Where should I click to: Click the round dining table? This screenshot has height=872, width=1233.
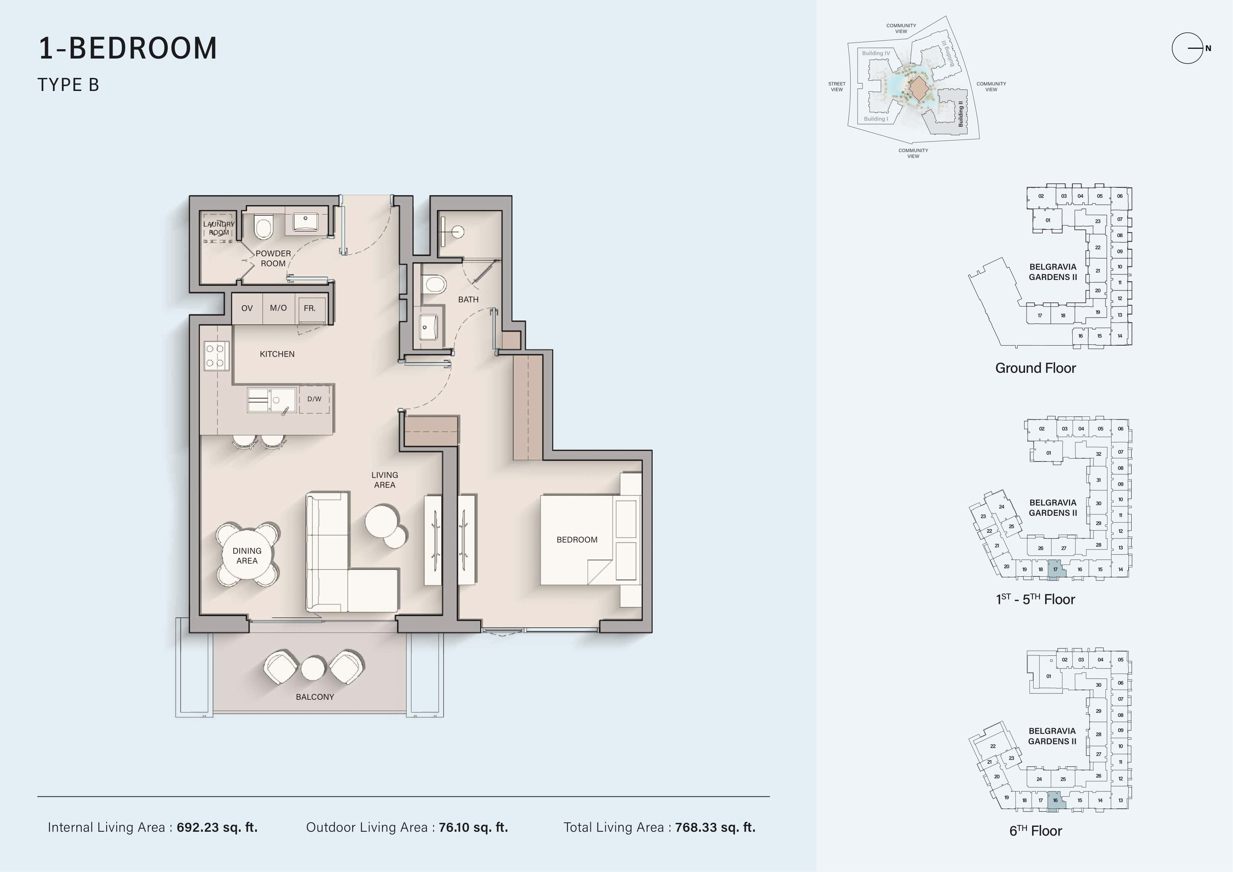pyautogui.click(x=247, y=555)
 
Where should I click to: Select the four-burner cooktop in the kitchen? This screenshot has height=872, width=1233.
pyautogui.click(x=217, y=356)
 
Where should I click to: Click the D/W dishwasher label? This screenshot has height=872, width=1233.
pyautogui.click(x=314, y=399)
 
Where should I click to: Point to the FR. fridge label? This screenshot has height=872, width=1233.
pyautogui.click(x=310, y=308)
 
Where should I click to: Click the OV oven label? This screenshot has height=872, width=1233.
pyautogui.click(x=247, y=308)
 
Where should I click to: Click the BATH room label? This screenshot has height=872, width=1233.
pyautogui.click(x=468, y=299)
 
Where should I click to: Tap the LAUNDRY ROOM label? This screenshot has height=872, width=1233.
pyautogui.click(x=218, y=228)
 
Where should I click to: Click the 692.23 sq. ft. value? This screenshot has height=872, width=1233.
pyautogui.click(x=217, y=827)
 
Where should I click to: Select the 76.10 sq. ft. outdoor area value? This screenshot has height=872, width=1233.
pyautogui.click(x=473, y=827)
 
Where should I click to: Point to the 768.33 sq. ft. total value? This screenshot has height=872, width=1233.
pyautogui.click(x=715, y=827)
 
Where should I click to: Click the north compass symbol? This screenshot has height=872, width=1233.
pyautogui.click(x=1188, y=48)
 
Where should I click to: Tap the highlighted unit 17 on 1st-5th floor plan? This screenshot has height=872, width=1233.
pyautogui.click(x=1056, y=569)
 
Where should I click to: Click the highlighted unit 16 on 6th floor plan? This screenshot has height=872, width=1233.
pyautogui.click(x=1056, y=800)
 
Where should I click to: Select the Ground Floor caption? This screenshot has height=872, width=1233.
pyautogui.click(x=1035, y=368)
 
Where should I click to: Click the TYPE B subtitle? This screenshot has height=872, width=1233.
pyautogui.click(x=68, y=85)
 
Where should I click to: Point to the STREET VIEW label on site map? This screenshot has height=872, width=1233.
pyautogui.click(x=837, y=86)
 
